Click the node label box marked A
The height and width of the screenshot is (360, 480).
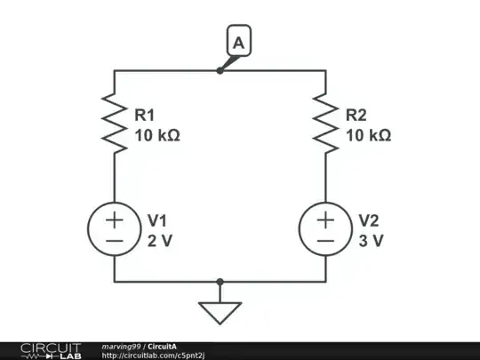238,41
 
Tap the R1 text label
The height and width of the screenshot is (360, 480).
145,115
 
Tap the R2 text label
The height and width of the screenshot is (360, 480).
356,115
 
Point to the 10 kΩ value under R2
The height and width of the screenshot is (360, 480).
368,135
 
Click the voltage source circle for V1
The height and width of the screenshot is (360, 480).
115,229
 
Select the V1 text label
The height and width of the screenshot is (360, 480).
156,220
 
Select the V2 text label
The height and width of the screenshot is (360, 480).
368,220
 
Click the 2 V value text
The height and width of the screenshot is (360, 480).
158,240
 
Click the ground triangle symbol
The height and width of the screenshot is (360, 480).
220,312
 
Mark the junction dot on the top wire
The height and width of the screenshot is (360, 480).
220,70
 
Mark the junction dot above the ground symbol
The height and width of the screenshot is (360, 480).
220,281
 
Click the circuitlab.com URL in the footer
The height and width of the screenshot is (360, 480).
166,356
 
